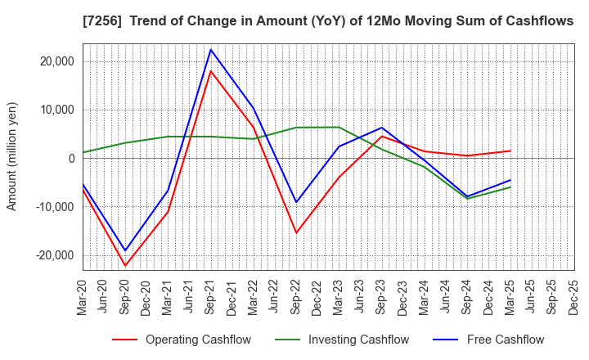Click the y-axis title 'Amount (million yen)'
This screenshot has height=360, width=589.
click(x=11, y=156)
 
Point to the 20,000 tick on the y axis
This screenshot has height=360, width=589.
click(x=54, y=61)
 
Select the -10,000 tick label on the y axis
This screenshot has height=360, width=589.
click(x=52, y=207)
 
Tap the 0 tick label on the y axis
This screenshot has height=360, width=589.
click(x=71, y=159)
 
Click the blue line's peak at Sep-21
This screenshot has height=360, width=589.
click(x=211, y=49)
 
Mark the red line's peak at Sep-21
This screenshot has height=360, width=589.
click(x=211, y=71)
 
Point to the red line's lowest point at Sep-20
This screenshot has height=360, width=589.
click(x=126, y=266)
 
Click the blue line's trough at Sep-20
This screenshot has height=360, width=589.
click(x=126, y=250)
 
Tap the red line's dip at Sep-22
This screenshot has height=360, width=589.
click(x=296, y=233)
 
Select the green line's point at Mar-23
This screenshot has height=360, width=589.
click(x=339, y=127)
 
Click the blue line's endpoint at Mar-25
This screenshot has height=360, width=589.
click(x=509, y=180)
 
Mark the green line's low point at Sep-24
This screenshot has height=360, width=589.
click(x=466, y=199)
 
